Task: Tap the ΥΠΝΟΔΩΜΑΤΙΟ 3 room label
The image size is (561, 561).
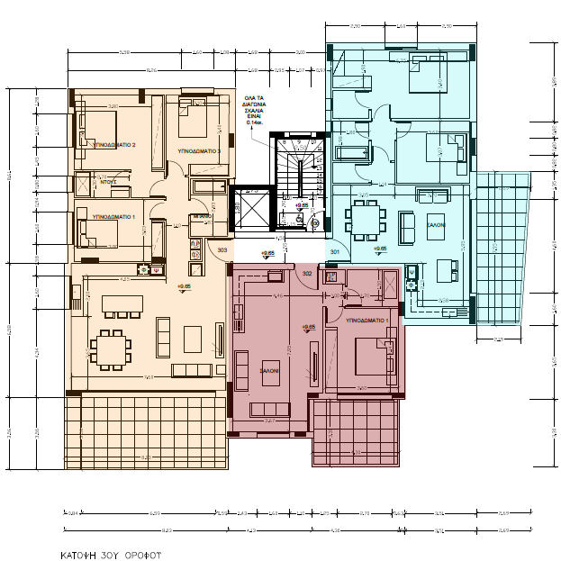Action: (x=199, y=151)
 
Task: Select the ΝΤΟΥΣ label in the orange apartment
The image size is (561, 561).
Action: (x=110, y=182)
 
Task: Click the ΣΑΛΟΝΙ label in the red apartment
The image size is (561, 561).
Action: (x=269, y=370)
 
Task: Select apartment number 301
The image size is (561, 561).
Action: (x=334, y=252)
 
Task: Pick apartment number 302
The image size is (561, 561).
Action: (x=306, y=273)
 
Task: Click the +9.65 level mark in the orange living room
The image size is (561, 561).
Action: (x=185, y=286)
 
